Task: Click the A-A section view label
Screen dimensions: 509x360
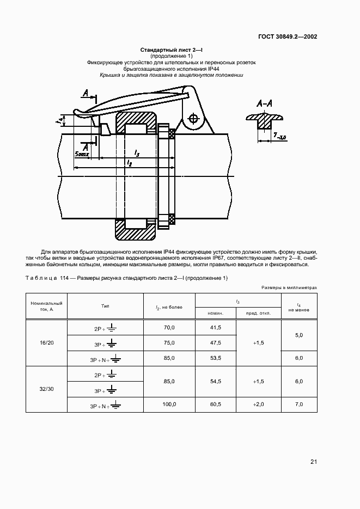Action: tap(264, 103)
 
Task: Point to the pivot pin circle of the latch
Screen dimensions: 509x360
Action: tap(192, 118)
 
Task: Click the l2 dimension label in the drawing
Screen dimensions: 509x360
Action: tap(129, 163)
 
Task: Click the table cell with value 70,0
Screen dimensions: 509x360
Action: tap(169, 327)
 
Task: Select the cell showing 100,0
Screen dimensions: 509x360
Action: tap(169, 404)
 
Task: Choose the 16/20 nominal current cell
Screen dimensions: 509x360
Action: tap(46, 342)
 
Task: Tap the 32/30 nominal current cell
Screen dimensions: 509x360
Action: tap(46, 389)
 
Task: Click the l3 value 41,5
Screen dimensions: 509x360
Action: tap(215, 327)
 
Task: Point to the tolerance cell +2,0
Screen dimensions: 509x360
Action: tap(259, 404)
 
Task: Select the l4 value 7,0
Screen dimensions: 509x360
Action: tap(299, 404)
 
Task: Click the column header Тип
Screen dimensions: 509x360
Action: tap(105, 306)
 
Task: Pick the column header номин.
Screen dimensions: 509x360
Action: tap(215, 313)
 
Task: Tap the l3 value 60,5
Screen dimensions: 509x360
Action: tap(215, 404)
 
